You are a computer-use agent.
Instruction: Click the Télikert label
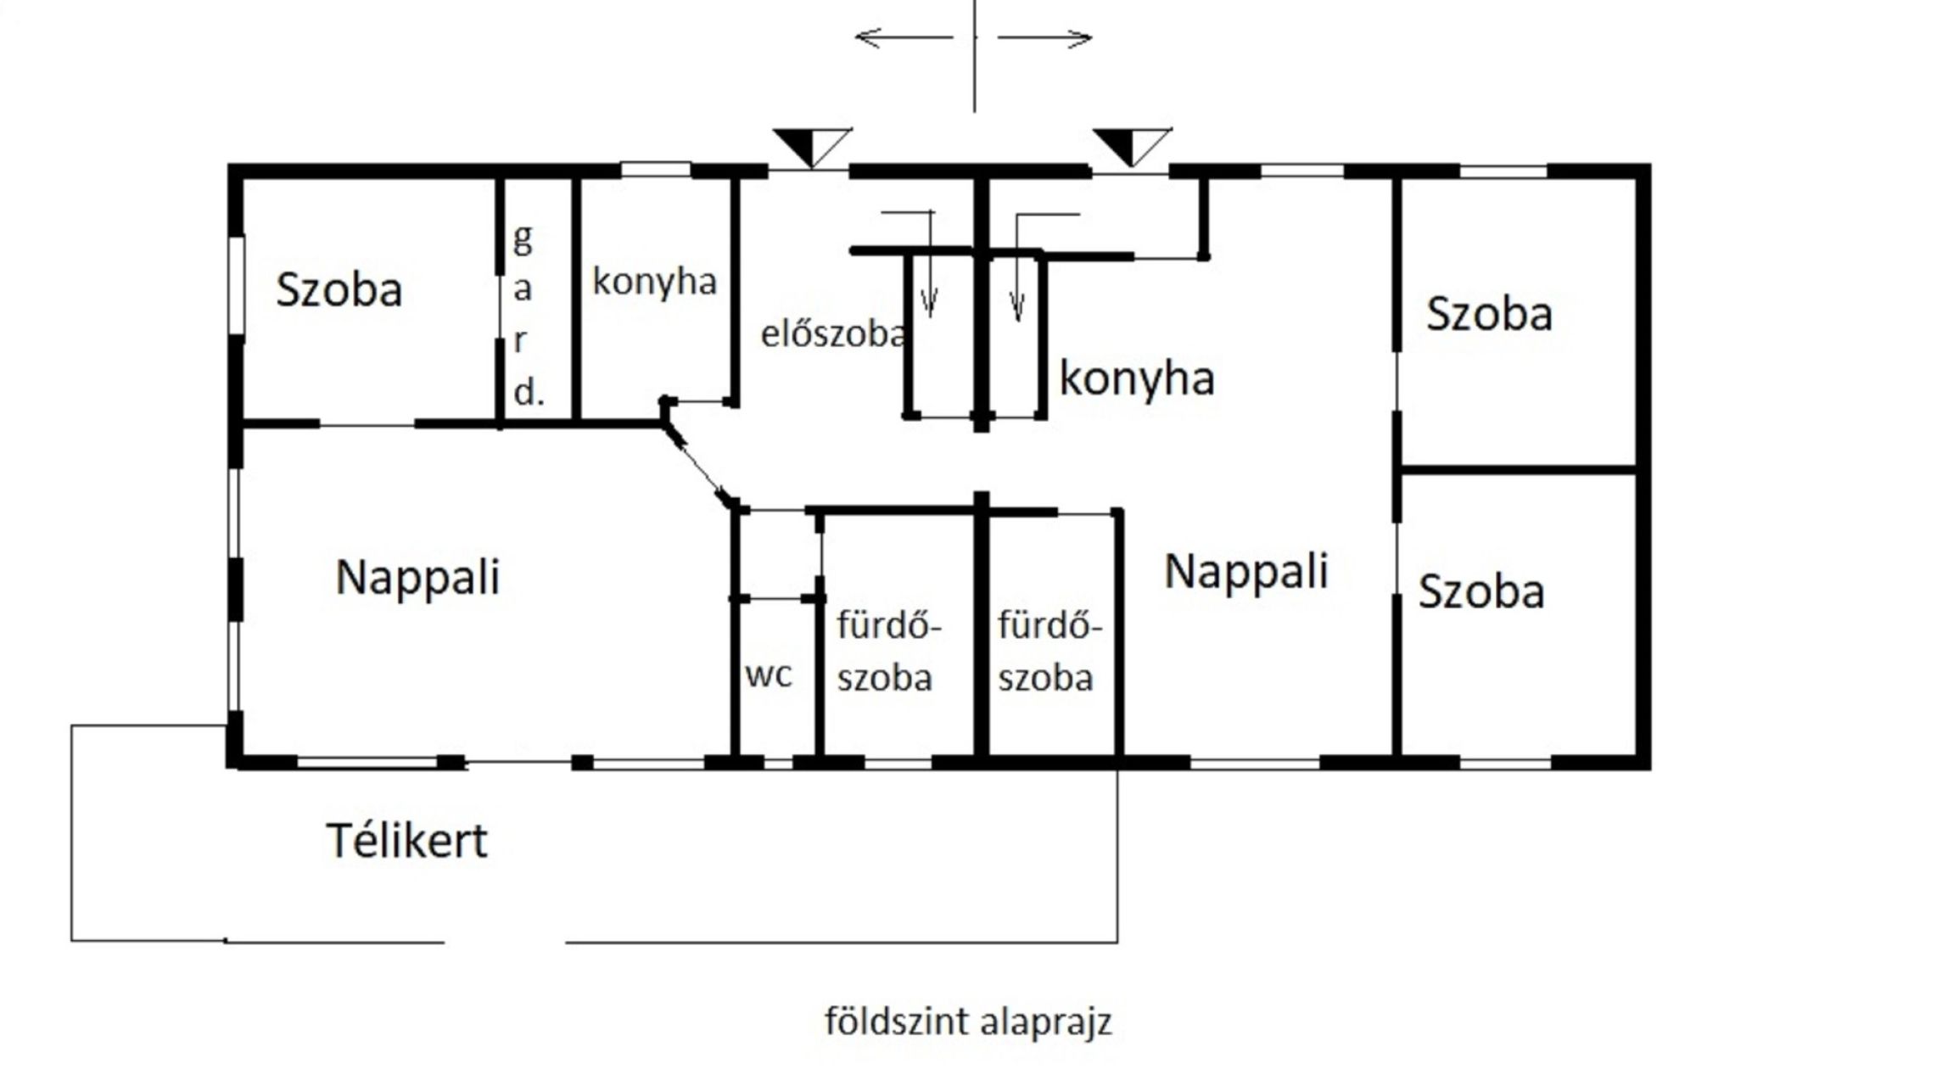407,841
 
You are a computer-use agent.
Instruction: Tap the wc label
769,675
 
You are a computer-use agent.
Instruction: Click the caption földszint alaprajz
968,1022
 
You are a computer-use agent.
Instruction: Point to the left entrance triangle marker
812,147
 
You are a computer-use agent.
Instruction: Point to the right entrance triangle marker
1132,147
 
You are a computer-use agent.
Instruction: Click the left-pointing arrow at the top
904,37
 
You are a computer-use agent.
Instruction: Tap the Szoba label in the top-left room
339,289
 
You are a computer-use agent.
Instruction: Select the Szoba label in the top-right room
1489,313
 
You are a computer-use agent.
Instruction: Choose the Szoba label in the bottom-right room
1481,591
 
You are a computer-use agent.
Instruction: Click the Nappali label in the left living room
418,579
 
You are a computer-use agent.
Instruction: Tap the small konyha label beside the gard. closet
654,282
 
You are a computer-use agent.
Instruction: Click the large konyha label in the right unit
1137,378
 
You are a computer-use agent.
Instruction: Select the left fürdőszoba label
888,652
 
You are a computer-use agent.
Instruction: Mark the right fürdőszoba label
1049,652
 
